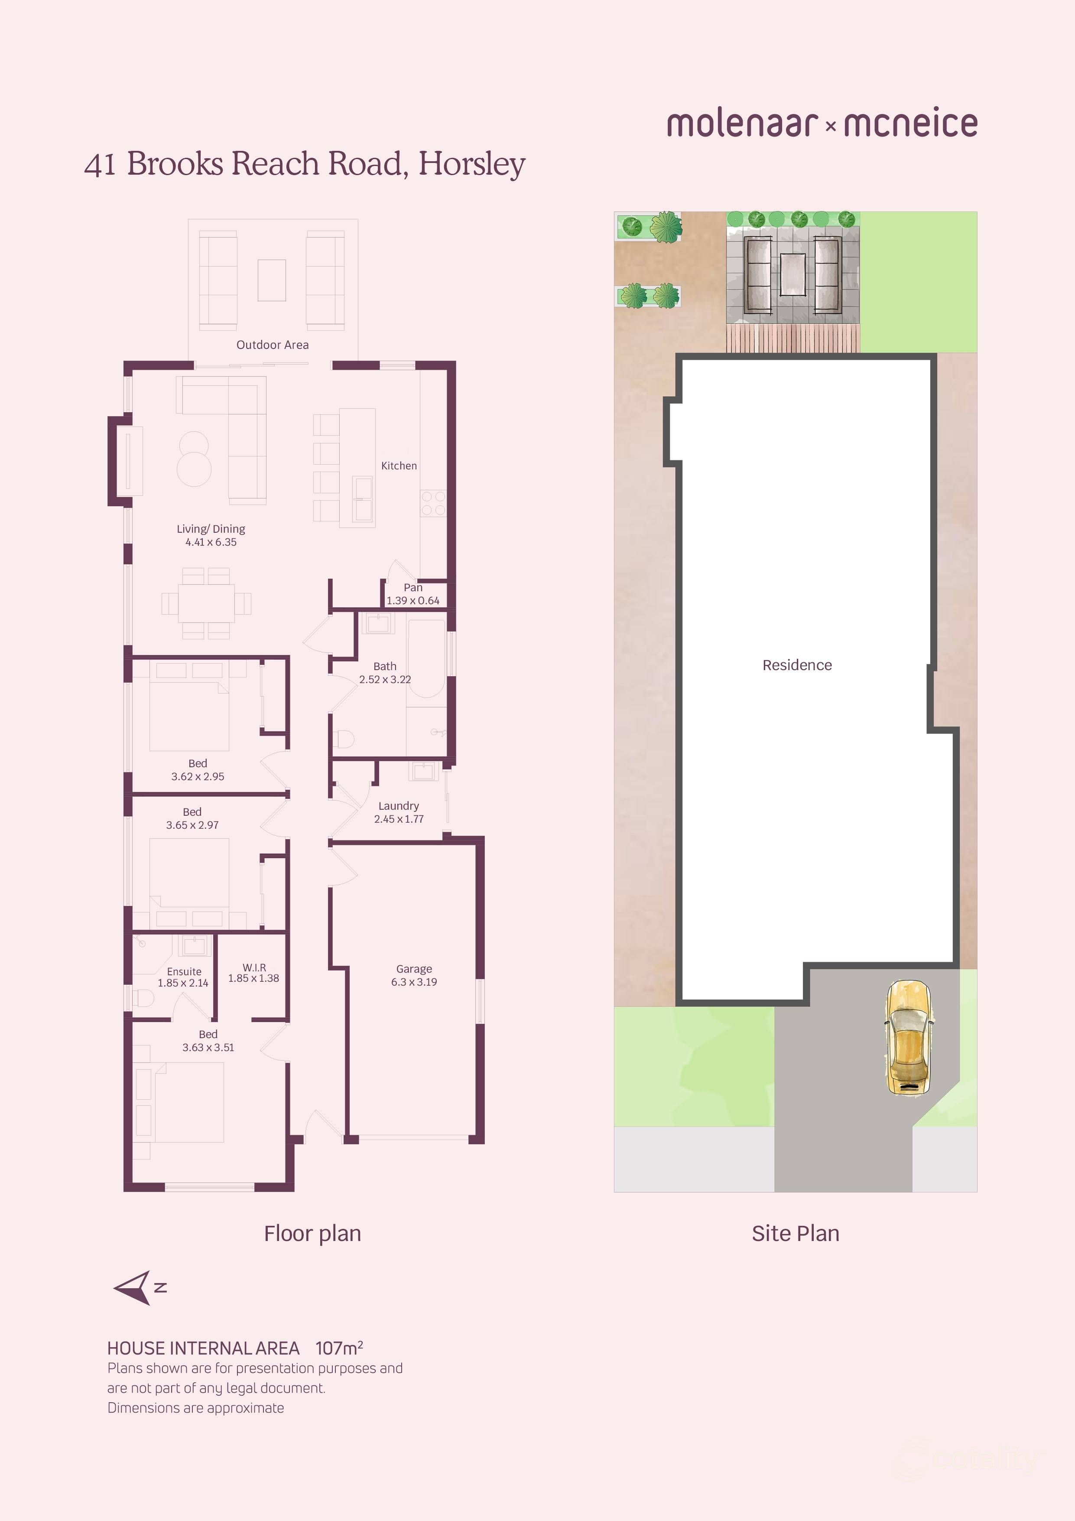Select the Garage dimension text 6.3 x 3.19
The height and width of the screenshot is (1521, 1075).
pyautogui.click(x=414, y=982)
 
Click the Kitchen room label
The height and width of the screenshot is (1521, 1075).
pyautogui.click(x=399, y=466)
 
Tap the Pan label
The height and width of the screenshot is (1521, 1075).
pyautogui.click(x=413, y=588)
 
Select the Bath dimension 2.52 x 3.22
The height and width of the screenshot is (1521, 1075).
pyautogui.click(x=385, y=679)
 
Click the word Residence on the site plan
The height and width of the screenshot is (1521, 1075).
pyautogui.click(x=797, y=665)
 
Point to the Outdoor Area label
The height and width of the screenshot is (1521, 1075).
pyautogui.click(x=272, y=345)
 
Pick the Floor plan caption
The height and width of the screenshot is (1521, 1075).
pyautogui.click(x=312, y=1234)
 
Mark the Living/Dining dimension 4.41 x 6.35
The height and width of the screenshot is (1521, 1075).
pyautogui.click(x=211, y=542)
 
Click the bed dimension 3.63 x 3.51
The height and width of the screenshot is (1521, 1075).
pyautogui.click(x=208, y=1047)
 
